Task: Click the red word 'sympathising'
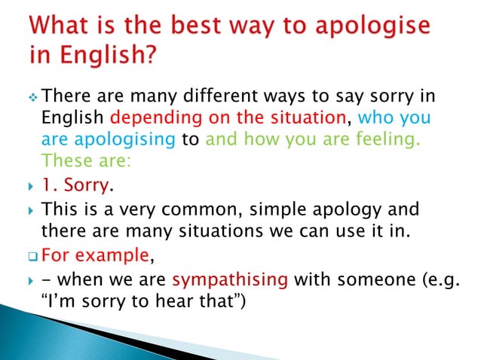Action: tap(231, 280)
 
